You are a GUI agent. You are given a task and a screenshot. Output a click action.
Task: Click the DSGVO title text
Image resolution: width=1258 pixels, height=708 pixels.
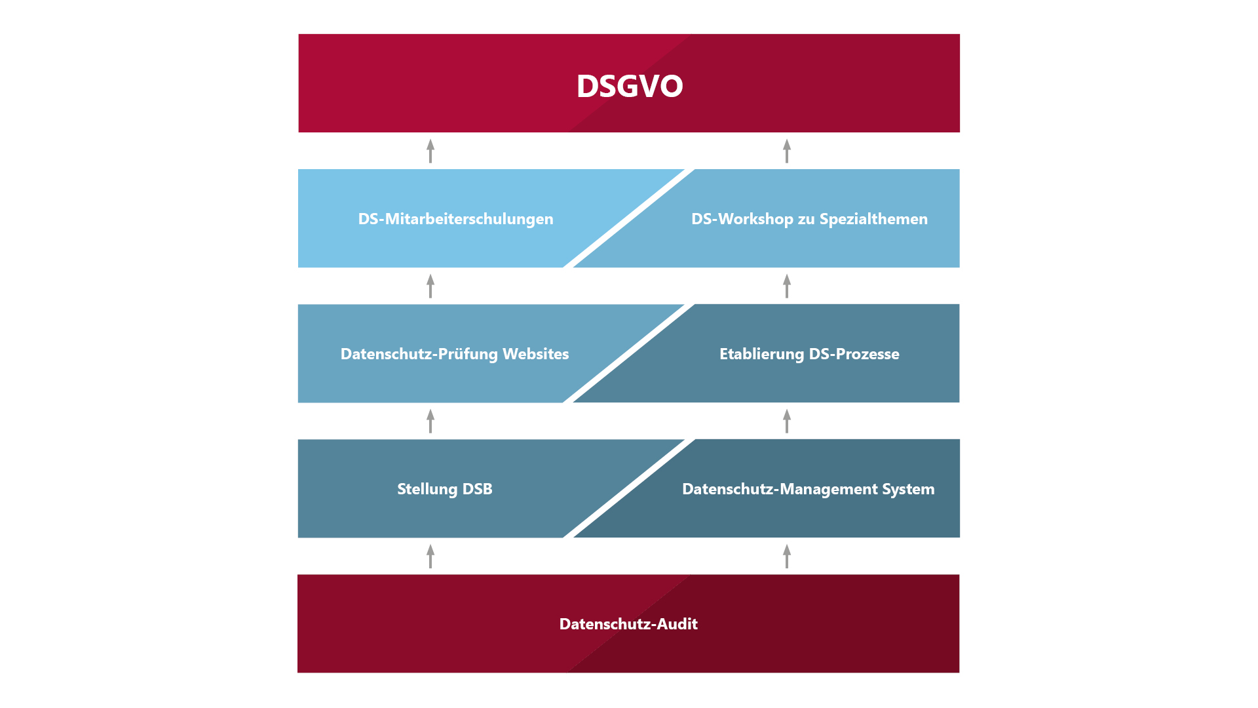click(630, 86)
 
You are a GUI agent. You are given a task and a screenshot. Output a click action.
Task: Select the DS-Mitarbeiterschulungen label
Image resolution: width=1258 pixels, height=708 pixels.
click(455, 219)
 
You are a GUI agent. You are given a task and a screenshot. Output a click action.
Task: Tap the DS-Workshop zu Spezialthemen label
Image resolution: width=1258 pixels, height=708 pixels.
click(809, 219)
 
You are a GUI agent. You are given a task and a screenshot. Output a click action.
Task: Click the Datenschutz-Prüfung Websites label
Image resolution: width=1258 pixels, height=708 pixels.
click(455, 354)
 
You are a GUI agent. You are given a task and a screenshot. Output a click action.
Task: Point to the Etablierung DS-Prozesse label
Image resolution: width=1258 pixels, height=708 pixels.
click(809, 354)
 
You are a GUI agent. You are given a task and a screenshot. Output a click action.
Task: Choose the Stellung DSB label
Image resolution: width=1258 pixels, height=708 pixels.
click(445, 489)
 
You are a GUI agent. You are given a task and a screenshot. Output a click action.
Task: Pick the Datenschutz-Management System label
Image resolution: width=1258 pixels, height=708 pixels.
click(809, 489)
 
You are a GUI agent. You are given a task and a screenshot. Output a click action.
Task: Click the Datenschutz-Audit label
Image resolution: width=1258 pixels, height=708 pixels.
click(628, 624)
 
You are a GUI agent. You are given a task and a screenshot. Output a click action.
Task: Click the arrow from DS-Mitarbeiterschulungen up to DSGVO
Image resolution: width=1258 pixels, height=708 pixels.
click(430, 151)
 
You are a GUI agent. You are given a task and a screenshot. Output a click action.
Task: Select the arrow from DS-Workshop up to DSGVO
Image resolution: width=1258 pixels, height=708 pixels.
click(787, 151)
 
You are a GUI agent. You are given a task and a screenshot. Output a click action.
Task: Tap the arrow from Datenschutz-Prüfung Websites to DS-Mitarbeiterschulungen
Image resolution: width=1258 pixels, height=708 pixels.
click(430, 286)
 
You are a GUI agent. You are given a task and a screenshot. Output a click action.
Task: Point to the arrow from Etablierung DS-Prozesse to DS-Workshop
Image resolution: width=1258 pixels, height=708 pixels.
click(787, 286)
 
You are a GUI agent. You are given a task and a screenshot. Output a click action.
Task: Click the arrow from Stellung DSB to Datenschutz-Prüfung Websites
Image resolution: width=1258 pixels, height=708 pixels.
click(430, 421)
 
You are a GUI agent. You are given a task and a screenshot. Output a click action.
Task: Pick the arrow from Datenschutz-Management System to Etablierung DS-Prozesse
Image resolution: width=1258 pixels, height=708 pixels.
click(787, 421)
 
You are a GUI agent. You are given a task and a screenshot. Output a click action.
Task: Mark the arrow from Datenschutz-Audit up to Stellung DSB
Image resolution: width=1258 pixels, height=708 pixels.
click(430, 556)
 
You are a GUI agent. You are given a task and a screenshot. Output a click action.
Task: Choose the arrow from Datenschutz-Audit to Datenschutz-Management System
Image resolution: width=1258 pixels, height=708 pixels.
click(787, 556)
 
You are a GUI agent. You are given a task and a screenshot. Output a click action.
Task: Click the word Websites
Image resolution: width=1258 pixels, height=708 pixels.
click(536, 354)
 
